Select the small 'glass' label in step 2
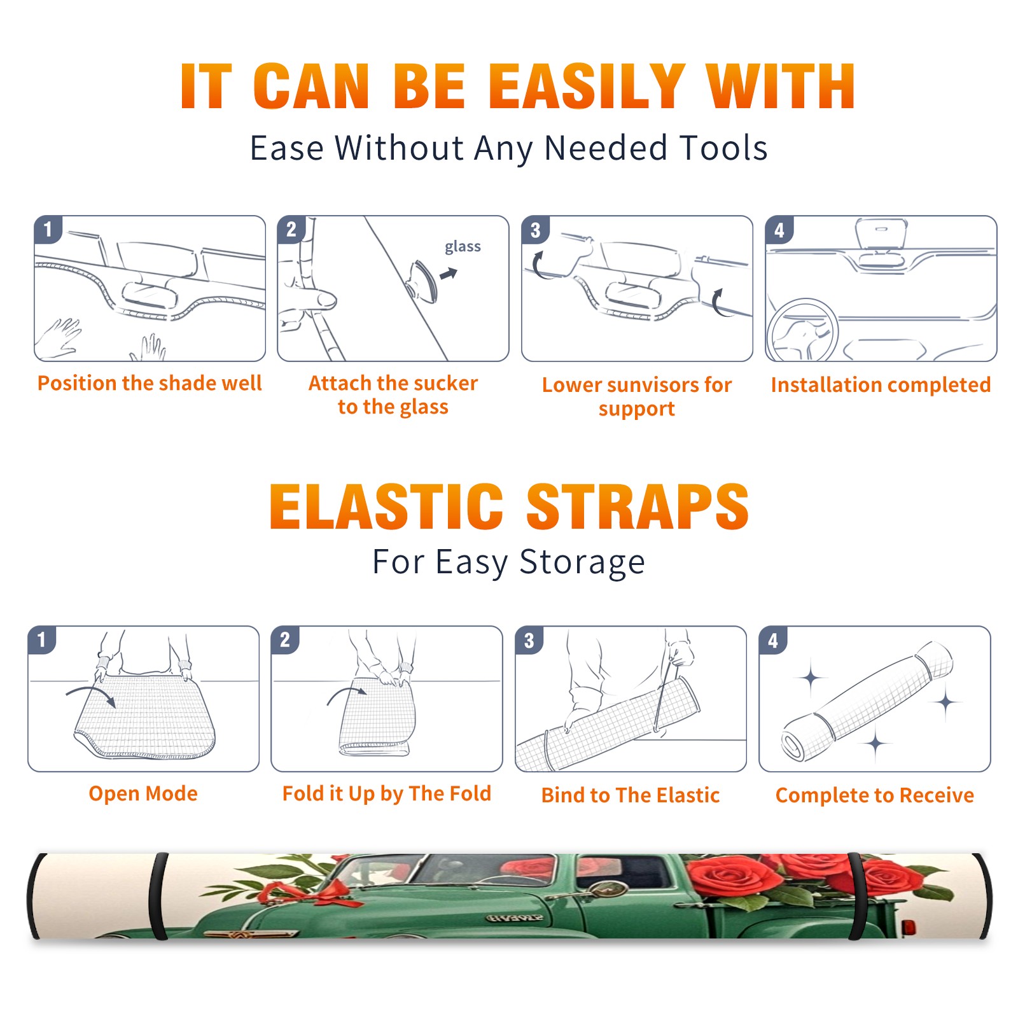click(463, 247)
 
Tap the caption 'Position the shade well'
click(150, 383)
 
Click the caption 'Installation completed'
click(881, 385)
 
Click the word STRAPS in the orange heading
click(638, 506)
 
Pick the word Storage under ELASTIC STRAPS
click(582, 562)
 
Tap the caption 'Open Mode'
click(143, 793)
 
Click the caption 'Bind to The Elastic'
click(630, 795)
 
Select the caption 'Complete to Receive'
click(874, 795)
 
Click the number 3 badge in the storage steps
click(529, 640)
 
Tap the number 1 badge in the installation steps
click(48, 229)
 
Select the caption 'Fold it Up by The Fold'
click(387, 793)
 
